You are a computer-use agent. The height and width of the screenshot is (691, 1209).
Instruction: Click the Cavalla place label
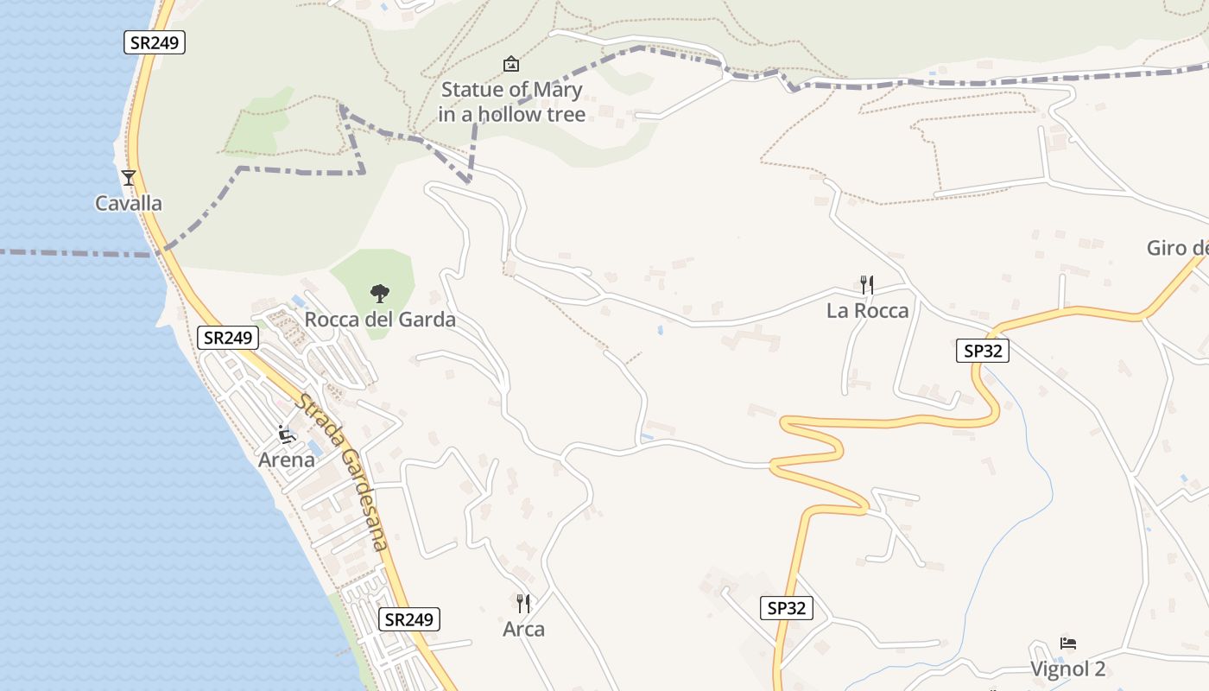[x=129, y=204]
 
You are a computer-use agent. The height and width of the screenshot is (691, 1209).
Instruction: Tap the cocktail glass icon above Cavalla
[x=129, y=178]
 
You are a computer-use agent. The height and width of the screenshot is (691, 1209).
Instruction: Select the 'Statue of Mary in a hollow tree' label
[x=511, y=102]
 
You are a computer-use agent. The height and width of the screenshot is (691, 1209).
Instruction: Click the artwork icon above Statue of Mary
[x=511, y=64]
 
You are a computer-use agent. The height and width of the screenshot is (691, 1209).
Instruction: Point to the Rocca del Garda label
[x=380, y=320]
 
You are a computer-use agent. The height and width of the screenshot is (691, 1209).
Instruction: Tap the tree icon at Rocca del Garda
[x=378, y=294]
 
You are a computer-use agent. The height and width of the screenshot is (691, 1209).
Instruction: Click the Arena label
[x=287, y=460]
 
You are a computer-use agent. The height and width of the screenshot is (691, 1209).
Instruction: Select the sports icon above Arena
[x=287, y=434]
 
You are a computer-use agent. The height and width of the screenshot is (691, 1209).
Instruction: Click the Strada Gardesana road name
[x=342, y=472]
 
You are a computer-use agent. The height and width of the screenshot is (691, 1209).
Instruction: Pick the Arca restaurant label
[x=523, y=629]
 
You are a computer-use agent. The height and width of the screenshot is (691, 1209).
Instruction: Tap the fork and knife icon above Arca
[x=523, y=603]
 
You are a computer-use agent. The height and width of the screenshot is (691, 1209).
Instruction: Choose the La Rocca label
[x=867, y=311]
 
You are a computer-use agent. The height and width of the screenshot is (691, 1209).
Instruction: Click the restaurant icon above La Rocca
[x=867, y=284]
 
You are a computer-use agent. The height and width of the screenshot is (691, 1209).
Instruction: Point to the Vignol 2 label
[x=1067, y=669]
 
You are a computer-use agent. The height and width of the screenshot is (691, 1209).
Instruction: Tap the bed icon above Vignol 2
[x=1068, y=643]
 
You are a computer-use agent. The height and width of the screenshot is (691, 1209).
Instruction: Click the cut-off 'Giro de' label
[x=1177, y=249]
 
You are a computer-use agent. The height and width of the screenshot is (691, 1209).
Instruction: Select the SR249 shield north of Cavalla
[x=155, y=42]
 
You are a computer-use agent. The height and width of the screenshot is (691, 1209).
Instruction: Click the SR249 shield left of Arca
[x=409, y=619]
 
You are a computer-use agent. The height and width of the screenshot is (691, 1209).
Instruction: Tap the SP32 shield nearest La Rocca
[x=983, y=351]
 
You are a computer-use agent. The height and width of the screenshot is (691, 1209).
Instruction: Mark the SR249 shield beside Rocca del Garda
[x=228, y=338]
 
